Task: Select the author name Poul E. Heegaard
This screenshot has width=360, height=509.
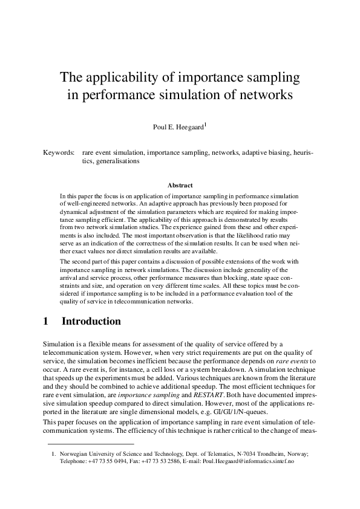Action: coord(179,127)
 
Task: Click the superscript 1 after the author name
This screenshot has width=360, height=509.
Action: coord(205,125)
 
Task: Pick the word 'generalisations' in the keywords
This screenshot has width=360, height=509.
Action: coord(117,162)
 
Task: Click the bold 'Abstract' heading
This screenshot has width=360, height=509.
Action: coord(180,186)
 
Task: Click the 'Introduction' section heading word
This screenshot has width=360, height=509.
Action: coord(91,321)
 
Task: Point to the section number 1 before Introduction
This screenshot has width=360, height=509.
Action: coord(48,321)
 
